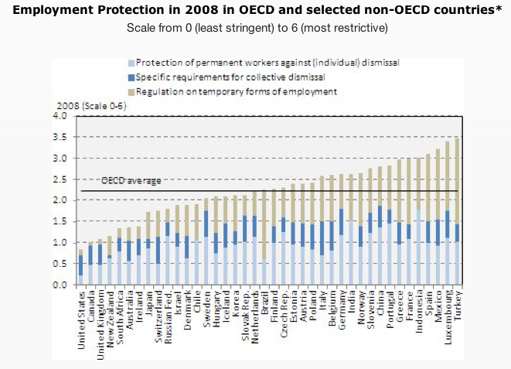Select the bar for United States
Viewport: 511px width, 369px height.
[81, 267]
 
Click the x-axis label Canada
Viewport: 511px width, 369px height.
[91, 304]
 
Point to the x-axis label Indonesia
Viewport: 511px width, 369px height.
[419, 309]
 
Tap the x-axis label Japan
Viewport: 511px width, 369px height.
[148, 302]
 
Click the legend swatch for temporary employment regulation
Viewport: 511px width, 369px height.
[132, 91]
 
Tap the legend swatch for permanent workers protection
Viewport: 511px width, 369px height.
[132, 61]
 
